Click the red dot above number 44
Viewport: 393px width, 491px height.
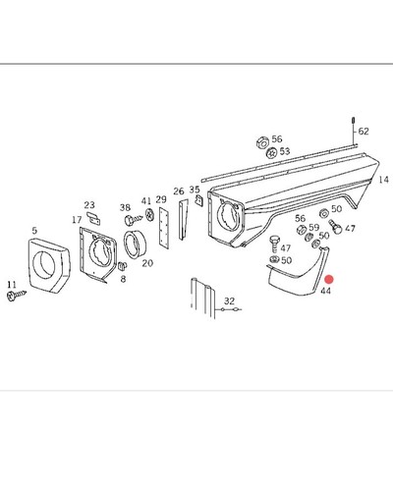pos(329,280)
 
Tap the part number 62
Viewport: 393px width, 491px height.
pos(364,132)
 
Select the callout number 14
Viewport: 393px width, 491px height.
pos(383,180)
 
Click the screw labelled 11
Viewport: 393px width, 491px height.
pos(16,296)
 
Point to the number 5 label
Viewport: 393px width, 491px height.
pos(34,231)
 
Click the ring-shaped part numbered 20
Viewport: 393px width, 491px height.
pos(135,245)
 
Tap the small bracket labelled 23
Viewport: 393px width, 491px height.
pos(93,218)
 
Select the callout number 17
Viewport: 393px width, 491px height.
pos(77,220)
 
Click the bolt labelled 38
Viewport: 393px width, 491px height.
pos(133,219)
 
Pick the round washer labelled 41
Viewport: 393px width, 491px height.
pos(149,215)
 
